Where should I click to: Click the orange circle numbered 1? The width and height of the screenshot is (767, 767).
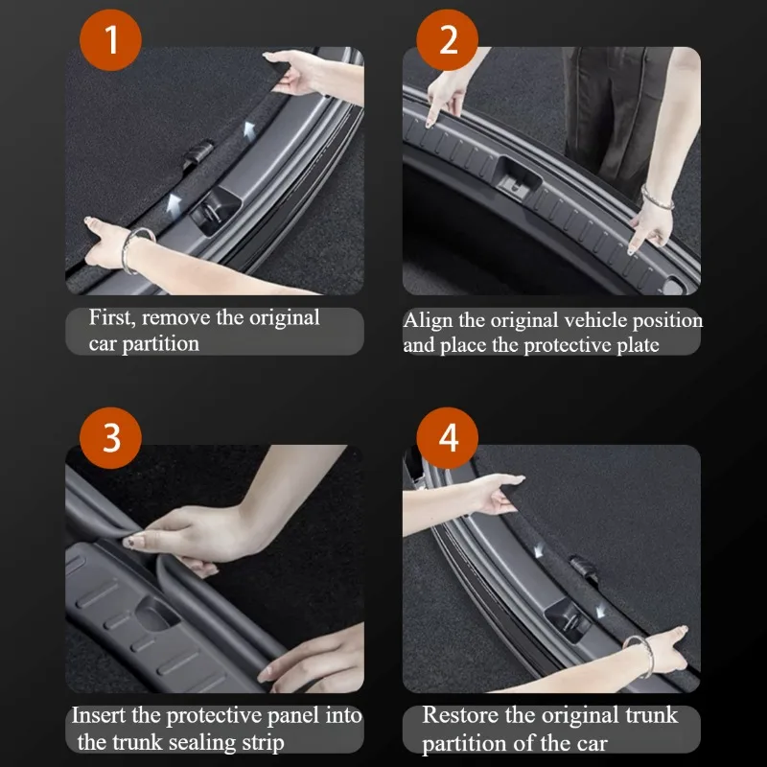tap(110, 39)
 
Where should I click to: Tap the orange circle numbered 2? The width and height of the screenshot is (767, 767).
tap(447, 39)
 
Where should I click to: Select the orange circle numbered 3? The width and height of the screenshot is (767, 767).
tap(110, 438)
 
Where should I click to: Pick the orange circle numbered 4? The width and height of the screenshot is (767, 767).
tap(447, 438)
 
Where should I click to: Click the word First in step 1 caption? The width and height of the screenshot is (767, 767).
tap(110, 318)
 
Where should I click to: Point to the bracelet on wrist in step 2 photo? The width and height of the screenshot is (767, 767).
tap(657, 198)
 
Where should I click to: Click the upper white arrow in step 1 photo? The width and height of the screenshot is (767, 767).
tap(249, 130)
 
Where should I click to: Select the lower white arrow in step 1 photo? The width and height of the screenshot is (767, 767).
tap(174, 202)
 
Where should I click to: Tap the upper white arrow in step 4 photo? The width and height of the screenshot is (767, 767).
tap(538, 551)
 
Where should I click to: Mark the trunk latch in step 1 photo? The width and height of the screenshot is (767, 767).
tap(214, 211)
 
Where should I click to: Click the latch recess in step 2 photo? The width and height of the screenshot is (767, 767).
tap(519, 178)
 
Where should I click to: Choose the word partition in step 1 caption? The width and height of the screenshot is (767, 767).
tap(160, 344)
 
